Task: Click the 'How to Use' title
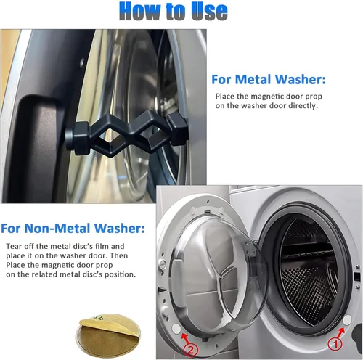[174, 12]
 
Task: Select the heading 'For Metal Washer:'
[269, 79]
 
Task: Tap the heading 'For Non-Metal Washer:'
[73, 228]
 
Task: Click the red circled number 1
[335, 344]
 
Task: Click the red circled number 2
[191, 350]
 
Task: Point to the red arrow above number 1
[340, 332]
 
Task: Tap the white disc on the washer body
[347, 320]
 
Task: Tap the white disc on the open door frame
[176, 328]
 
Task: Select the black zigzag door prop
[126, 134]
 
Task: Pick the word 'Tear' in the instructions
[12, 246]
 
